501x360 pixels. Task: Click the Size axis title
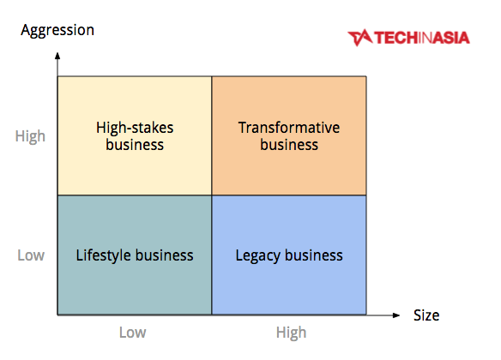click(x=426, y=315)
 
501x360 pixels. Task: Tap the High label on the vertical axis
click(x=30, y=136)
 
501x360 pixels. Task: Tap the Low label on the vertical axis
click(x=31, y=255)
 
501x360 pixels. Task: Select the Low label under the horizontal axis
click(x=133, y=333)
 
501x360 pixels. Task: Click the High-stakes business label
click(x=135, y=136)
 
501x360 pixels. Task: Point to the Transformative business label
click(x=289, y=136)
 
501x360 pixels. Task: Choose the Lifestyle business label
click(x=135, y=255)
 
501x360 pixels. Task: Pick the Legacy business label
click(x=289, y=255)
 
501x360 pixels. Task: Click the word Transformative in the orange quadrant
click(x=289, y=128)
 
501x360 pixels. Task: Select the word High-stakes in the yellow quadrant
click(x=135, y=128)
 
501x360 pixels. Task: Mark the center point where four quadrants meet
click(x=212, y=195)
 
